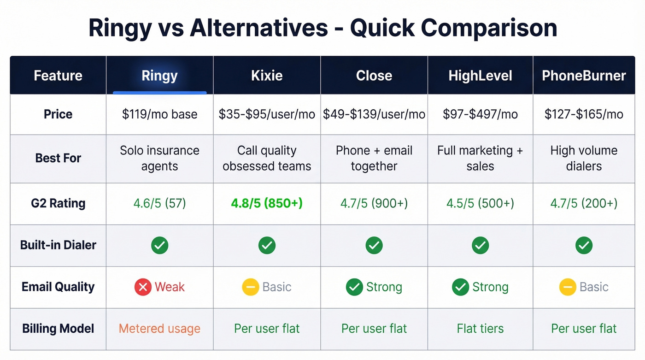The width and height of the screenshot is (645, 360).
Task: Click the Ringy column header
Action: coord(159,76)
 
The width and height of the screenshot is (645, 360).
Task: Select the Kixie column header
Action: coord(267,76)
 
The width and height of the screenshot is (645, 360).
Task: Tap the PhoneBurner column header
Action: coord(584,76)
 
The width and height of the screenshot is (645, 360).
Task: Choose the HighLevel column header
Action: coord(480,76)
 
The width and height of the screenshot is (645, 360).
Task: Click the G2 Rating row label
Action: coord(58,203)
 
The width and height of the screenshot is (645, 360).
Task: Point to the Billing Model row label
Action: coord(58,329)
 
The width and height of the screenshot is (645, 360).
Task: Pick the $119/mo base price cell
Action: coord(159,114)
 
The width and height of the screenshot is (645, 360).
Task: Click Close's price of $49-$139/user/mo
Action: coord(374,114)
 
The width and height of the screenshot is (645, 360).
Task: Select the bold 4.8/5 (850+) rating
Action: coord(267,203)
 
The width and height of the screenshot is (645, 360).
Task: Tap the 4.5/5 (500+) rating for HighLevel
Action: coord(480,203)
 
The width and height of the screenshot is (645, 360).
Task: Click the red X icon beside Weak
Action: coord(143,287)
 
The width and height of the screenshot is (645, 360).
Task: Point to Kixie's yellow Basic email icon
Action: coord(250,287)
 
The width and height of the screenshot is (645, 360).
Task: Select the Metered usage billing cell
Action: coord(159,329)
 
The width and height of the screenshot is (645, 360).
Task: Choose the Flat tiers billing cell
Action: coord(480,329)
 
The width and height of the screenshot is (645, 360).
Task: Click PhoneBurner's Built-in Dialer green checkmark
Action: coord(584,245)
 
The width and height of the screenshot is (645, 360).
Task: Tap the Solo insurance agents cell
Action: coord(159,158)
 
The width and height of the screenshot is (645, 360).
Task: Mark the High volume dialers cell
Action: coord(584,158)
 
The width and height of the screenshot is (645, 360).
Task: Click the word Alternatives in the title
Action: coord(259,29)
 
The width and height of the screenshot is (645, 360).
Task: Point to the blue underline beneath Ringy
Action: coord(159,93)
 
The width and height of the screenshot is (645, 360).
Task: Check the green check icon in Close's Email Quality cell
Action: coord(354,287)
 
